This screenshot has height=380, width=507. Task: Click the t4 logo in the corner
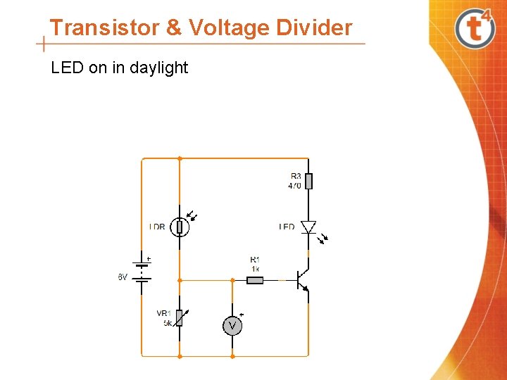pos(473,28)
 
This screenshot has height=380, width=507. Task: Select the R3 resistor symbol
pos(308,181)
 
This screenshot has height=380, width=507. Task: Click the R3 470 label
pos(295,181)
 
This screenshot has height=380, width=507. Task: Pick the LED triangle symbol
pos(308,227)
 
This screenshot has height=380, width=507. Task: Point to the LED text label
pos(287,227)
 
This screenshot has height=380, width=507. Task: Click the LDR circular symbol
pos(180,227)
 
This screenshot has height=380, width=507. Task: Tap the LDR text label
pos(157,227)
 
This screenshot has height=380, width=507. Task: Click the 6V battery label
pos(123,277)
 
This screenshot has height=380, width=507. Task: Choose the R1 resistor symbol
pos(255,280)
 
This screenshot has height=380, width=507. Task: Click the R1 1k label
pos(255,264)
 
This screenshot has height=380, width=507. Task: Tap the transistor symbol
pos(302,280)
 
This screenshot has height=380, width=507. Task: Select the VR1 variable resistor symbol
pos(180,318)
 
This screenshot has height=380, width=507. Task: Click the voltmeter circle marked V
pos(232,325)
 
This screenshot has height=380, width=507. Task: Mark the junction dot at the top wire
pos(180,158)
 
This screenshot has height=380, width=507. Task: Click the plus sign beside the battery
pos(149,258)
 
